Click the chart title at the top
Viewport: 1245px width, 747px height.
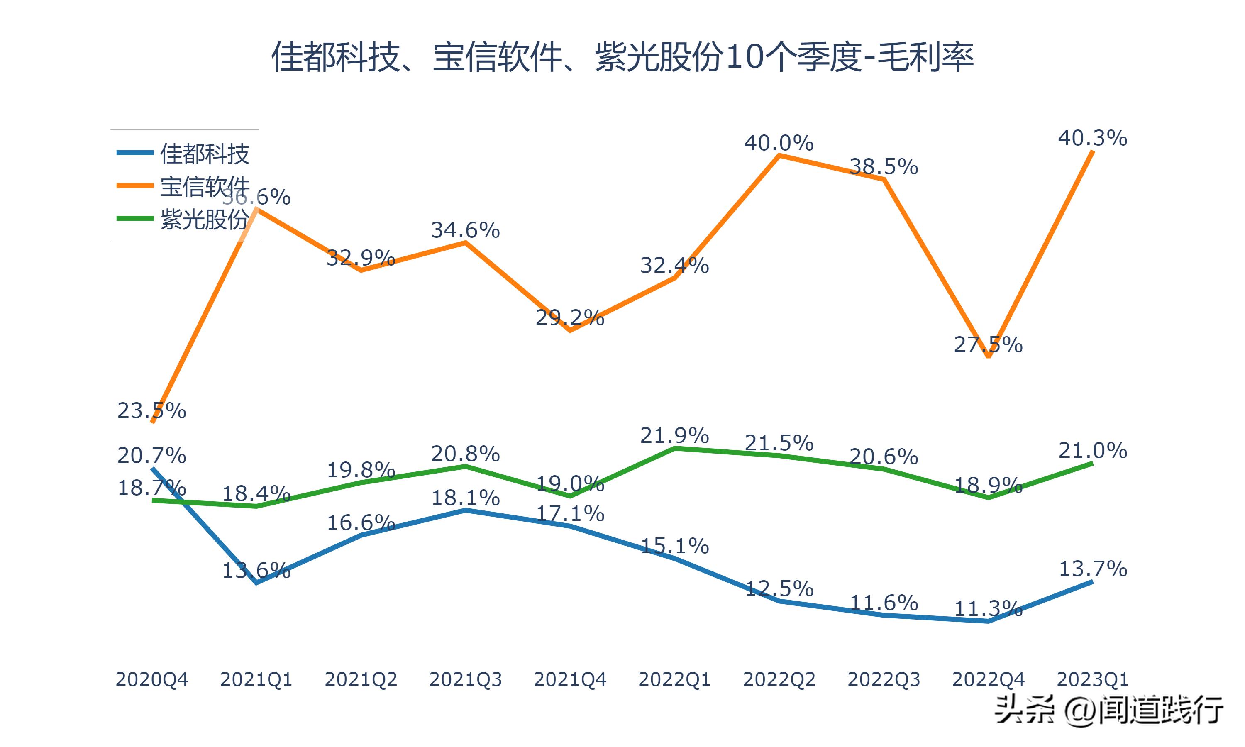622,57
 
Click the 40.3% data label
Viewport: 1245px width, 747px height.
1093,138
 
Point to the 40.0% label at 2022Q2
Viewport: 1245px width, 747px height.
779,144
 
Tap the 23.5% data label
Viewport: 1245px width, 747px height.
151,411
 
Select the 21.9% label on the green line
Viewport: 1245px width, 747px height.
674,435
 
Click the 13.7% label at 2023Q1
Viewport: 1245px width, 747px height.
1093,569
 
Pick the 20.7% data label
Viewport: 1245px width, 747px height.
151,456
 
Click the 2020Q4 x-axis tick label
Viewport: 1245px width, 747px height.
151,679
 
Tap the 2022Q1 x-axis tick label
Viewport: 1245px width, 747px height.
674,679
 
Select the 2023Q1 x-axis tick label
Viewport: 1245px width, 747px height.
1093,679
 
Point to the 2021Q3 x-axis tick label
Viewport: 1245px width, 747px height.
466,679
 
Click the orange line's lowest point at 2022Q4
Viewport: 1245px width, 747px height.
989,356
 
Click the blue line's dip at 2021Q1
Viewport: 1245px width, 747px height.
256,582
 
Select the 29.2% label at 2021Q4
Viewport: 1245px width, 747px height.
570,317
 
